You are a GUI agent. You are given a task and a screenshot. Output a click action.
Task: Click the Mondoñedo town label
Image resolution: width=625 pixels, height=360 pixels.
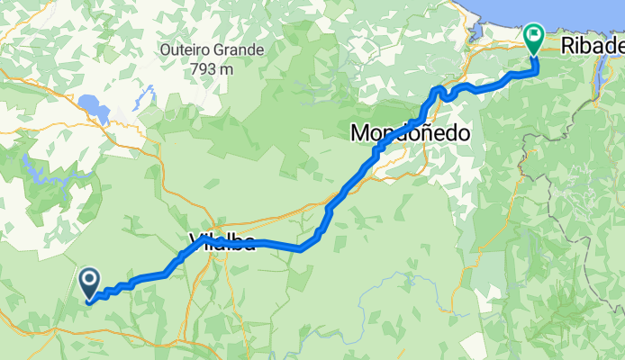tap(410, 133)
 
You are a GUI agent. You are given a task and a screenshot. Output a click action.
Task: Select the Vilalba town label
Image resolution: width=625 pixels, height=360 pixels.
tap(222, 240)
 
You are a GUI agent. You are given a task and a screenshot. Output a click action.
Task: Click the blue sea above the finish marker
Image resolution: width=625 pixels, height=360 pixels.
tap(540, 9)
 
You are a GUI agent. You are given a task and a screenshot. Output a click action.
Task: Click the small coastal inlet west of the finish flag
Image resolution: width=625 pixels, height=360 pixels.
tap(476, 35)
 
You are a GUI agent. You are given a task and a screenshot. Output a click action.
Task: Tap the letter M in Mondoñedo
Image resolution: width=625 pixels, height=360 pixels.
tap(358, 133)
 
